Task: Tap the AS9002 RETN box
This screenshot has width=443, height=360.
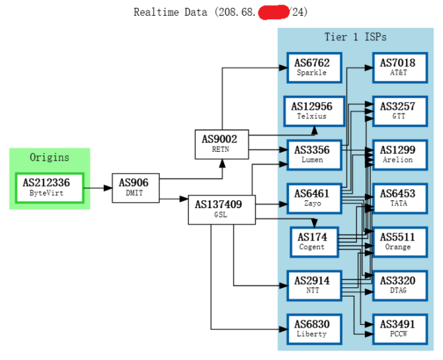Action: (x=221, y=144)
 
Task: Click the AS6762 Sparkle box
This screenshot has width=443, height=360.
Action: (x=311, y=67)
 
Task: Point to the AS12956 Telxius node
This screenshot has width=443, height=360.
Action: (x=311, y=111)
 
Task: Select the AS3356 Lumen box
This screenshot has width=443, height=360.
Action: (x=311, y=155)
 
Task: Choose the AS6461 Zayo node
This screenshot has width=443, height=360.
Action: (x=311, y=198)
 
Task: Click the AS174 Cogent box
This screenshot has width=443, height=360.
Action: (x=311, y=242)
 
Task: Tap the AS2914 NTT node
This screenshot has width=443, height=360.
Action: (x=311, y=285)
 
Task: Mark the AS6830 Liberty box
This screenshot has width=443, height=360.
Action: (x=311, y=328)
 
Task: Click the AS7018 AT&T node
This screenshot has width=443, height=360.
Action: (x=398, y=67)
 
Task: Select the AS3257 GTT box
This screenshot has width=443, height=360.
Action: (x=398, y=111)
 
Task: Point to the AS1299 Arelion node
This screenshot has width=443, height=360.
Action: (x=398, y=155)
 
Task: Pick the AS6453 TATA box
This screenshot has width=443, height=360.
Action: (x=398, y=198)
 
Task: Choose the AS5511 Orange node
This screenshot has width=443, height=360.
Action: (x=398, y=242)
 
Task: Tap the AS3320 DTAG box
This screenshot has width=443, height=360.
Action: (x=398, y=285)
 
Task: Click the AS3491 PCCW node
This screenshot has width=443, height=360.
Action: (x=398, y=328)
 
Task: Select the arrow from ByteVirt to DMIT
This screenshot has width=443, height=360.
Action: (x=98, y=188)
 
